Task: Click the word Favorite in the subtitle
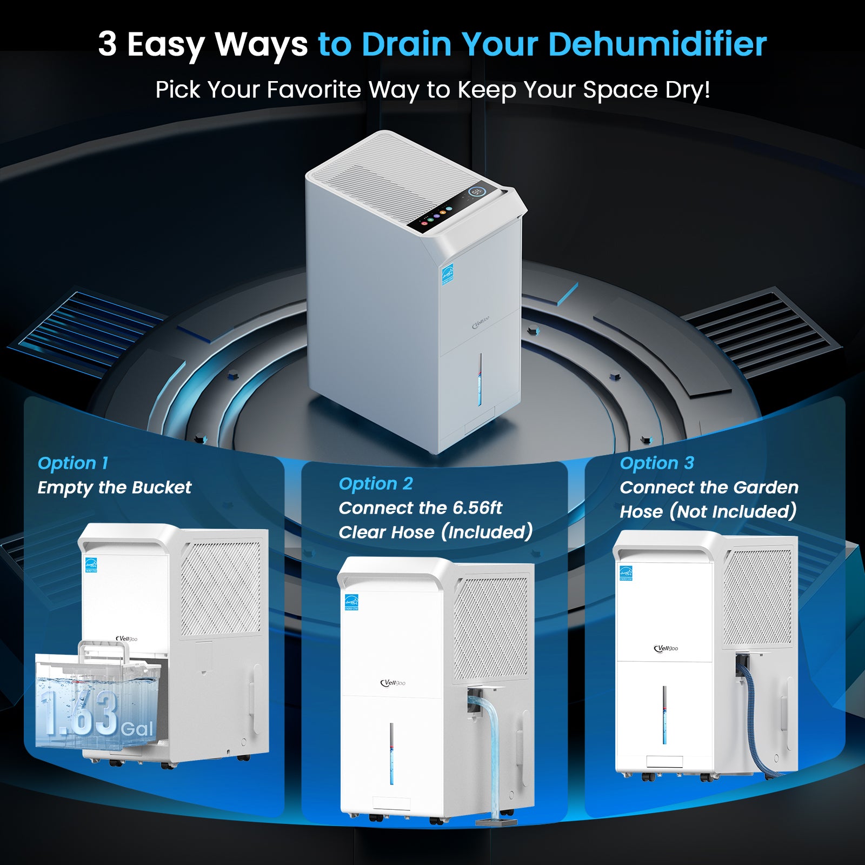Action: tap(314, 89)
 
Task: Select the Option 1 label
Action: tap(73, 463)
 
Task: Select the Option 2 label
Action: tap(376, 483)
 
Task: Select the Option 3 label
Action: tap(657, 463)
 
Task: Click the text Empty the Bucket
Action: tap(114, 487)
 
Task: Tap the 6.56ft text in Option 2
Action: tap(477, 508)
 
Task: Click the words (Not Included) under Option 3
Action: tap(733, 511)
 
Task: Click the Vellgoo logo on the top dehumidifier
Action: tap(481, 323)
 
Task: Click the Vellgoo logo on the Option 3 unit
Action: tap(666, 648)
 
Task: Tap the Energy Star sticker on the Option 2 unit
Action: tap(351, 602)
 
